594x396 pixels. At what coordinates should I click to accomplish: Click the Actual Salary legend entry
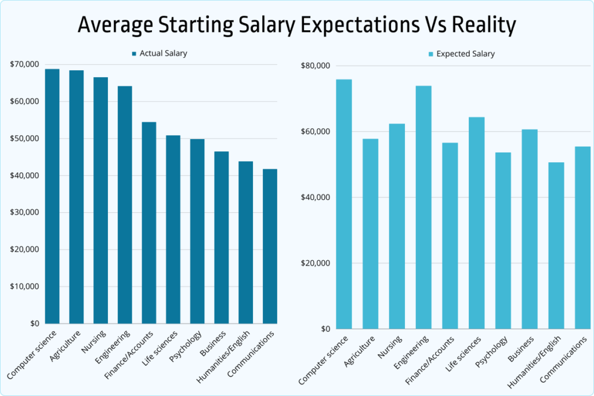click(159, 53)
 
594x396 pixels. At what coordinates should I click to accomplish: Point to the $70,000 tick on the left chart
click(24, 64)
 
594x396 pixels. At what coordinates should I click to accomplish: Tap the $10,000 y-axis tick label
click(24, 286)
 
